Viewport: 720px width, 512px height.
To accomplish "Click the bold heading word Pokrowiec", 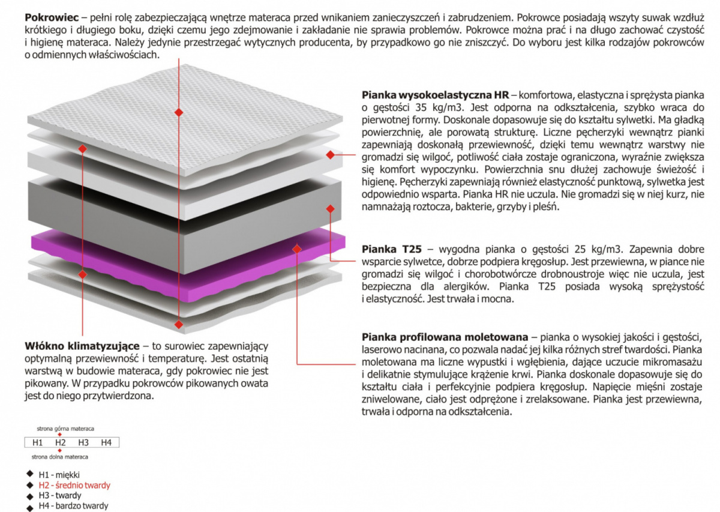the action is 52,17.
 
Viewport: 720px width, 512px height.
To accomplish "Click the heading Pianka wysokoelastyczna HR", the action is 436,95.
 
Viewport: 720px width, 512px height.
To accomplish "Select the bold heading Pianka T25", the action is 391,249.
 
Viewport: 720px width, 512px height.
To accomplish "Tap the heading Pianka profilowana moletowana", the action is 445,337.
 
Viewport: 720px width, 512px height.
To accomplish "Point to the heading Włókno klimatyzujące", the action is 82,346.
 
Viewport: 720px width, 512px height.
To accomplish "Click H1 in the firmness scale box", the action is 38,442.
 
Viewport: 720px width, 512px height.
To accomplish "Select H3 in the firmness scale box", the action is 83,442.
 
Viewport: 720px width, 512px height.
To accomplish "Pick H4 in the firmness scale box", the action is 106,442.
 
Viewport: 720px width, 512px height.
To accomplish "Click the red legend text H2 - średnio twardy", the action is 74,485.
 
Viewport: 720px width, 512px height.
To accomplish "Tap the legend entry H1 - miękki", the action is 59,475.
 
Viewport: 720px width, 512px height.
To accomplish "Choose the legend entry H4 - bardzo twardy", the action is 73,506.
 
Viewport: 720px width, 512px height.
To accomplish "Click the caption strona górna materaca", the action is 65,429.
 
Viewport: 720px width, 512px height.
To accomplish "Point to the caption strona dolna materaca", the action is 60,457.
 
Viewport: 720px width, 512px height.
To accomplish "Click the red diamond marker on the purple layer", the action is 296,248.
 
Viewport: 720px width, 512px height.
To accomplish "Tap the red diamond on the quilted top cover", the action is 179,113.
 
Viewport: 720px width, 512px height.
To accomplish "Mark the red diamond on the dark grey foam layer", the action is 330,209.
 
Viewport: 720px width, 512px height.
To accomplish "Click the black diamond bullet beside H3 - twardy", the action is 30,496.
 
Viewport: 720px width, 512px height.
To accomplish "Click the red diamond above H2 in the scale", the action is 59,435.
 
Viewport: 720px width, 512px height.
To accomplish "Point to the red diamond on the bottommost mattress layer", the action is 179,324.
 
